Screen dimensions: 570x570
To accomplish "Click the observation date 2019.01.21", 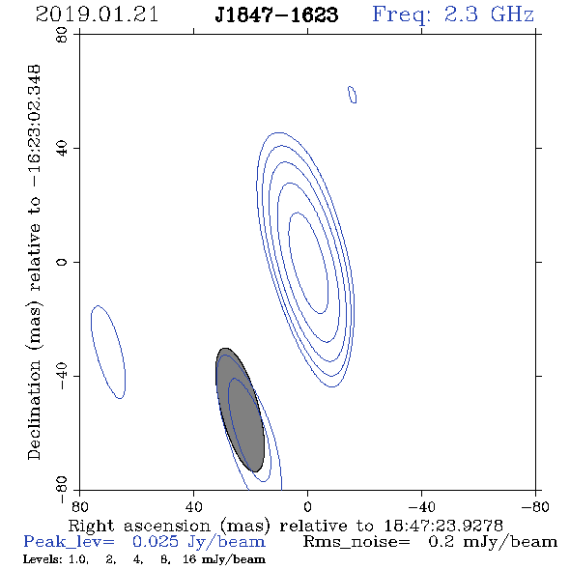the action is (97, 14).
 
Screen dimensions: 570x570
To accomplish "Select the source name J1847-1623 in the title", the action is (276, 15).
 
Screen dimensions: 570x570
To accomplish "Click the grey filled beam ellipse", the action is (240, 410).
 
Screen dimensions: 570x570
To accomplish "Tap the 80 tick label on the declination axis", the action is (62, 35).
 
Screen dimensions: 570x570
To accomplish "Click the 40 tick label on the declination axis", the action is (62, 149).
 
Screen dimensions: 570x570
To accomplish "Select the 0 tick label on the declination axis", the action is (62, 262).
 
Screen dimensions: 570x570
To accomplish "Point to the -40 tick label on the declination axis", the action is (62, 376).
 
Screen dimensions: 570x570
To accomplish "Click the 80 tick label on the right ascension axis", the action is (79, 506).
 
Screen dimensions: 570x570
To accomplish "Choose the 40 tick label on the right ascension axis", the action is (193, 506).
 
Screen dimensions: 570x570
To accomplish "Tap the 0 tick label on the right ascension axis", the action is (307, 506).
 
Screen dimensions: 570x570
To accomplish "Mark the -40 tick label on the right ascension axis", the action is (421, 506).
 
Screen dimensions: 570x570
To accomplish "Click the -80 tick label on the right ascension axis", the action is (535, 506).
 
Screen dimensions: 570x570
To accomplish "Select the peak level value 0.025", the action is (156, 542).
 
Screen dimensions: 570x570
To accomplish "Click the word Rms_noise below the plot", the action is (356, 542).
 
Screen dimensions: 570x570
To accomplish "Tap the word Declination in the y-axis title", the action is (34, 410).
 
